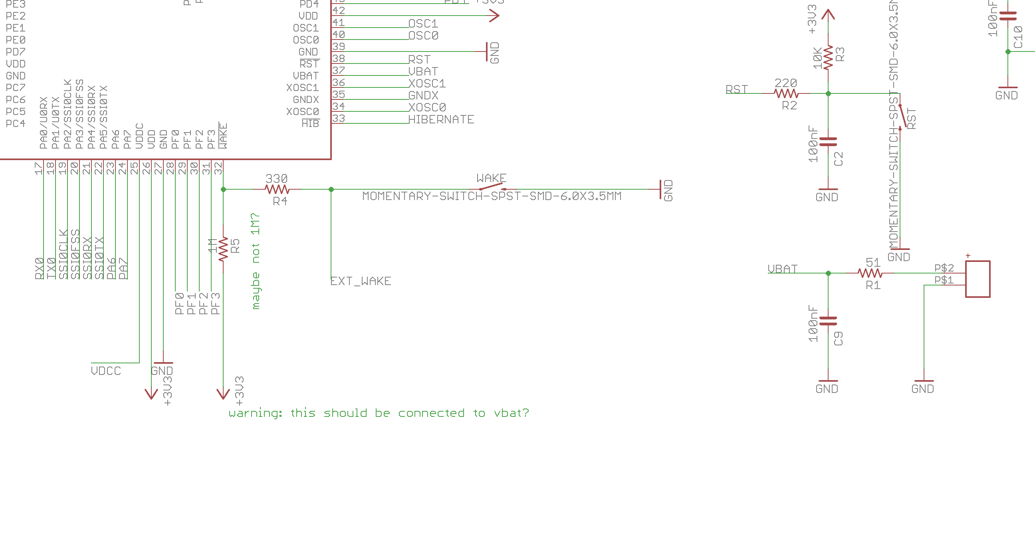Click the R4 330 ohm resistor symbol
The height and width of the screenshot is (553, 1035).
coord(277,189)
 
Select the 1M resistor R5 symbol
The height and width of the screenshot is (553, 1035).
coord(223,249)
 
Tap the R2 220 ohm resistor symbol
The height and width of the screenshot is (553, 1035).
coord(786,94)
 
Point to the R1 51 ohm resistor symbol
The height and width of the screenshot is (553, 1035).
coord(870,273)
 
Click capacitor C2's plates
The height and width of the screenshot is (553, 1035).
coord(828,141)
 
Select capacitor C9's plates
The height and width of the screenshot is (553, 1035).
coord(828,321)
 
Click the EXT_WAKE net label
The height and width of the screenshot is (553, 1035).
coord(361,281)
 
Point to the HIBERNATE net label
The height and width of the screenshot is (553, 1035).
coord(441,120)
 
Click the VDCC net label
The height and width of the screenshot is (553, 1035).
coord(106,371)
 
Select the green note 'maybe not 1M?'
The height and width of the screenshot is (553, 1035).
coord(256,261)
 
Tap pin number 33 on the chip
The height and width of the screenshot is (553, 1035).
coord(339,118)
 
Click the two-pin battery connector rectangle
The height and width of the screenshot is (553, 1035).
coord(978,279)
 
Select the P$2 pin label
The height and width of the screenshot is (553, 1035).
coord(944,268)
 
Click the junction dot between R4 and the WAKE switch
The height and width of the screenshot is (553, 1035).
coord(331,189)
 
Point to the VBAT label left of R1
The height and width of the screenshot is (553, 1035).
coord(782,269)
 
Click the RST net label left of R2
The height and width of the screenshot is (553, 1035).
coord(736,89)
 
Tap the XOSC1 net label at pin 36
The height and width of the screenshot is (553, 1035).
coord(427,83)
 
